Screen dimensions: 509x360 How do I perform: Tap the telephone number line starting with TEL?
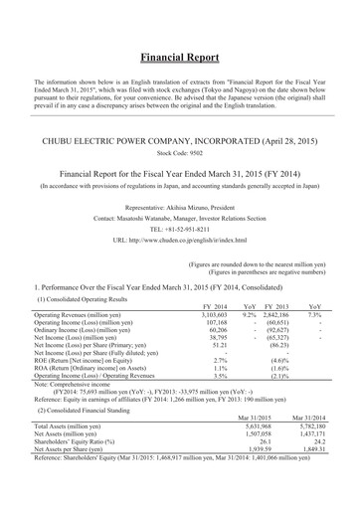tap(180, 227)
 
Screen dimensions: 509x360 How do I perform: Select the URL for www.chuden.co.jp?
tap(180, 241)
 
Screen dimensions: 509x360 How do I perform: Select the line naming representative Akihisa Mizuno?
tap(180, 199)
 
